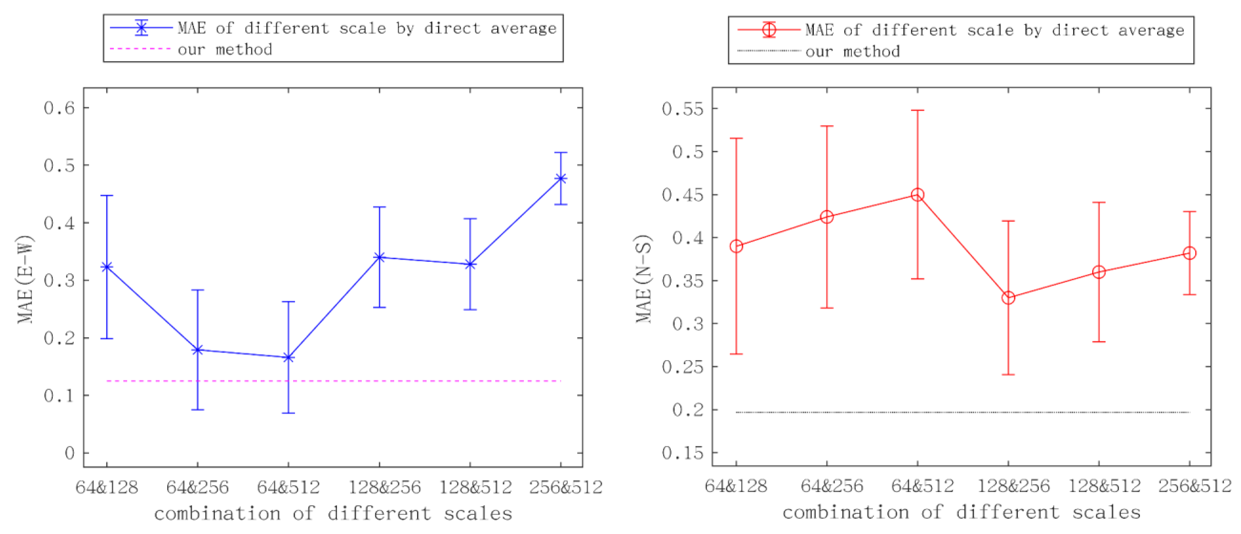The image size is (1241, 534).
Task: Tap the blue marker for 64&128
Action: point(106,267)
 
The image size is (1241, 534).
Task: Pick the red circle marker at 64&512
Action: point(917,195)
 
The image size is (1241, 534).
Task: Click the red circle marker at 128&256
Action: point(1008,298)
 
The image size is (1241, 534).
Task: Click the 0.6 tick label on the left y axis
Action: point(60,108)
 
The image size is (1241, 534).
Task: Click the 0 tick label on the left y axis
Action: point(70,453)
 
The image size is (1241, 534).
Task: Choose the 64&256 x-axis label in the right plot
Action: point(832,486)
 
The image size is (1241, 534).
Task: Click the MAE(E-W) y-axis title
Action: point(25,279)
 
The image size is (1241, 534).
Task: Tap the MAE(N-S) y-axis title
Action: point(643,279)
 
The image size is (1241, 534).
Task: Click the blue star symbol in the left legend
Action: point(141,28)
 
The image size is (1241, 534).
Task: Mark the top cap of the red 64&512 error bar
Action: point(917,110)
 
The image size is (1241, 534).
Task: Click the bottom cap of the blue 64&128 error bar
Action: point(106,338)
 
